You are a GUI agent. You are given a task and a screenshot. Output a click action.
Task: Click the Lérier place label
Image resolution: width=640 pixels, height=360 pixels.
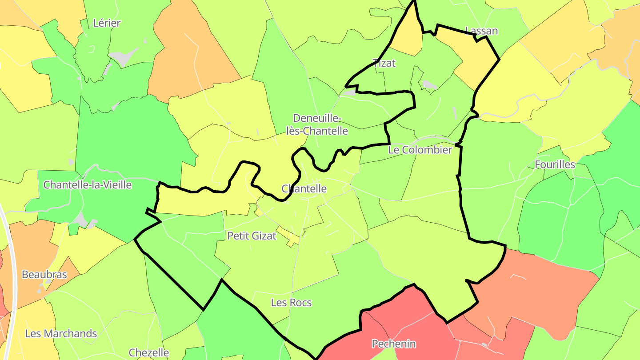pos(107,23)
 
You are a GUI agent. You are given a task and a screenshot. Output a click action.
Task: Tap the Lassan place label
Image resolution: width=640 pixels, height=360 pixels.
pos(481,31)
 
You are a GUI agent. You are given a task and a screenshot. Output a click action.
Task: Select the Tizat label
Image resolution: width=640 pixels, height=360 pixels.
pos(384,63)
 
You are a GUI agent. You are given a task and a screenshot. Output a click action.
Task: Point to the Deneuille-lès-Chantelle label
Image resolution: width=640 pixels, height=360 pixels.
pos(320,124)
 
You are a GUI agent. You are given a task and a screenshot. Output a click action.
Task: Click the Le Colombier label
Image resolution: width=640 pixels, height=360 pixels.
pos(420,150)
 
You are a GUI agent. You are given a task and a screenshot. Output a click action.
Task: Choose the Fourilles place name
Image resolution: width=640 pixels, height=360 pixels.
pos(555,164)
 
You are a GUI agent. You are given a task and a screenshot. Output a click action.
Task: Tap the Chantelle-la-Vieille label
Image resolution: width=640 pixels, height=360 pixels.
pos(88,184)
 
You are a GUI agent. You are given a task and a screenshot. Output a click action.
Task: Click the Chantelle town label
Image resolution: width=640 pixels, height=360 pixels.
pos(304,188)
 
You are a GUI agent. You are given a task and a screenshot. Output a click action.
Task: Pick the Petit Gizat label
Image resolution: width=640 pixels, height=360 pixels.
pos(252,236)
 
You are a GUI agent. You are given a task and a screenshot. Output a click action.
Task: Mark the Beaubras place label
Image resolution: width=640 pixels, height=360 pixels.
pos(44,275)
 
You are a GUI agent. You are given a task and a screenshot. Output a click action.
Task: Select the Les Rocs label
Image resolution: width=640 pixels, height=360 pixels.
pos(291,303)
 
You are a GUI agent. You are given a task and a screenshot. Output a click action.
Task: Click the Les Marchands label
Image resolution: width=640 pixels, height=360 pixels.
pos(61,333)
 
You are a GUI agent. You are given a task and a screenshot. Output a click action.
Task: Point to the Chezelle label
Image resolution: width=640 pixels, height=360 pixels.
pos(149,353)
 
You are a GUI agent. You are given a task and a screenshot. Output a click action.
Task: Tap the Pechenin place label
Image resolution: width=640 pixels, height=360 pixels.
pos(394,344)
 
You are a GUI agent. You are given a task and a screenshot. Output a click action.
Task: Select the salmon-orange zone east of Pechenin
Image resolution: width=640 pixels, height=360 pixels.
pos(533,289)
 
